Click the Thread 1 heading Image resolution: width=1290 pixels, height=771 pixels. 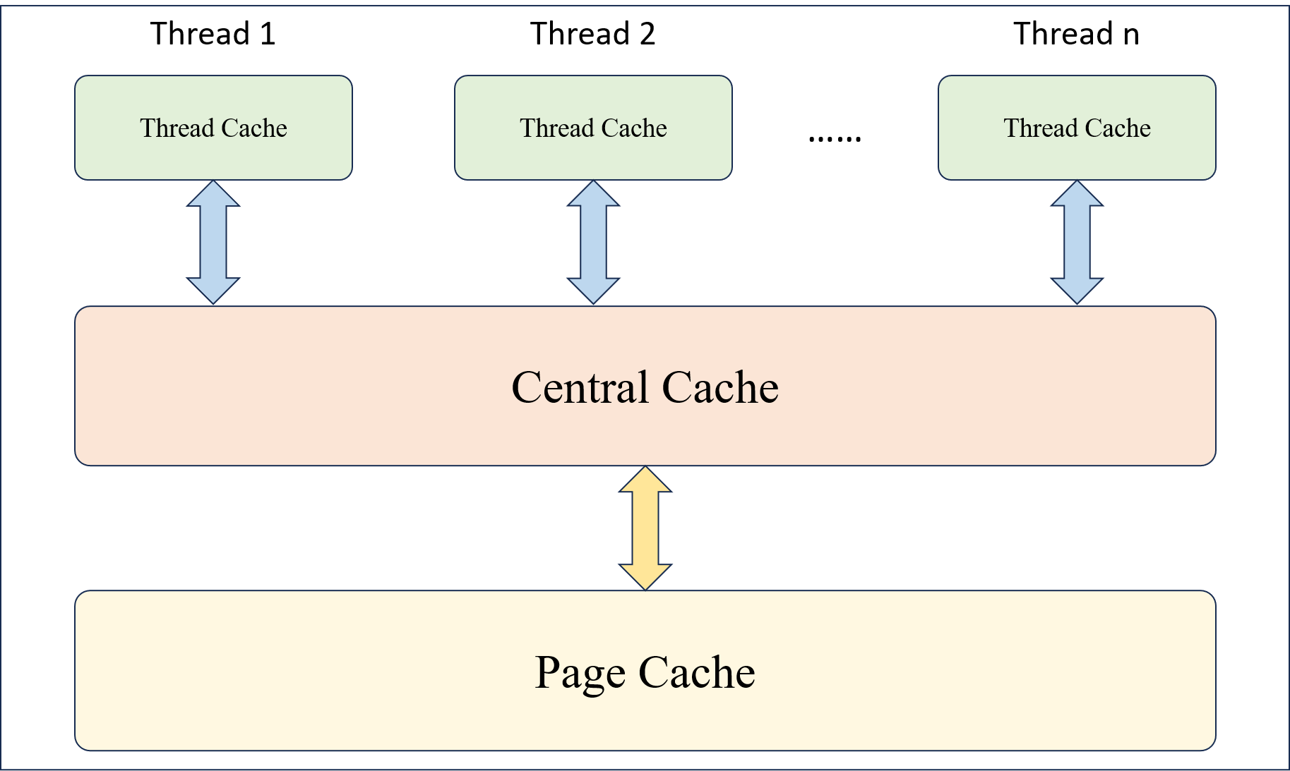pos(213,34)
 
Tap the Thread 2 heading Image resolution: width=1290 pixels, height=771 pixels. pos(592,34)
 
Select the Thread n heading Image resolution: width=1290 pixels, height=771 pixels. pos(1076,34)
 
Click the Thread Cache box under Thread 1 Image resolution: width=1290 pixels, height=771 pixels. pos(213,128)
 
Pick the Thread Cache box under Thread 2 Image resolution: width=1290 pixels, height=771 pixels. pos(593,128)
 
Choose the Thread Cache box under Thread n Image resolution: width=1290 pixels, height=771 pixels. pos(1077,128)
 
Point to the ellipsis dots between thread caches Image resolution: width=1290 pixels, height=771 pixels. pos(835,138)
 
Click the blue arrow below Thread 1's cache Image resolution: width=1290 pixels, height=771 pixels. pos(213,242)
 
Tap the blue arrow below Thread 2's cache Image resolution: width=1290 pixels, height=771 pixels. pos(593,242)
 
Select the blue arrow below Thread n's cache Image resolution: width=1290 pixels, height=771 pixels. pos(1077,242)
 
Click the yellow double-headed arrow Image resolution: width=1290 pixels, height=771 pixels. pos(645,528)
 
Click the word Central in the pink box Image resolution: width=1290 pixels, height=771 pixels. pos(580,387)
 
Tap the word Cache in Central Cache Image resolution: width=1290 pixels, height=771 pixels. pos(720,387)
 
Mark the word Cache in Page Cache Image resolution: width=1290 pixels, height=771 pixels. pos(697,672)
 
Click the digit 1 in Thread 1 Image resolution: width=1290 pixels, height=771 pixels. pos(267,34)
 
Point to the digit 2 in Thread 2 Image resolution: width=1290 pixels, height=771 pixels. pos(647,34)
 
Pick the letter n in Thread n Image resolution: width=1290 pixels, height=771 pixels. pos(1131,35)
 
